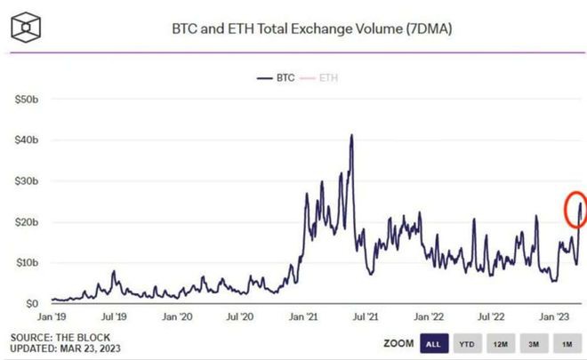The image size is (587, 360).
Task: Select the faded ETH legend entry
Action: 326,77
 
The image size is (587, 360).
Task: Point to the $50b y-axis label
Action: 28,100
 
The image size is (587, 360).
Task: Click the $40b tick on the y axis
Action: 28,140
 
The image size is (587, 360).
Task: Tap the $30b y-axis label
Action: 28,181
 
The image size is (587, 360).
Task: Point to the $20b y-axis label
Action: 28,222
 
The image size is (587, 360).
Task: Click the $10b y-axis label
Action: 28,263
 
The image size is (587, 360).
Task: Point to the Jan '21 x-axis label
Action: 305,316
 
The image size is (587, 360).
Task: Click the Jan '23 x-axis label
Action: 556,316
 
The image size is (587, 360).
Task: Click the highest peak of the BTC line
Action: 352,136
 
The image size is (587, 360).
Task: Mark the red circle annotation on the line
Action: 577,209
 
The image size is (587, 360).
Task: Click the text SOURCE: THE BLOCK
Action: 58,338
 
